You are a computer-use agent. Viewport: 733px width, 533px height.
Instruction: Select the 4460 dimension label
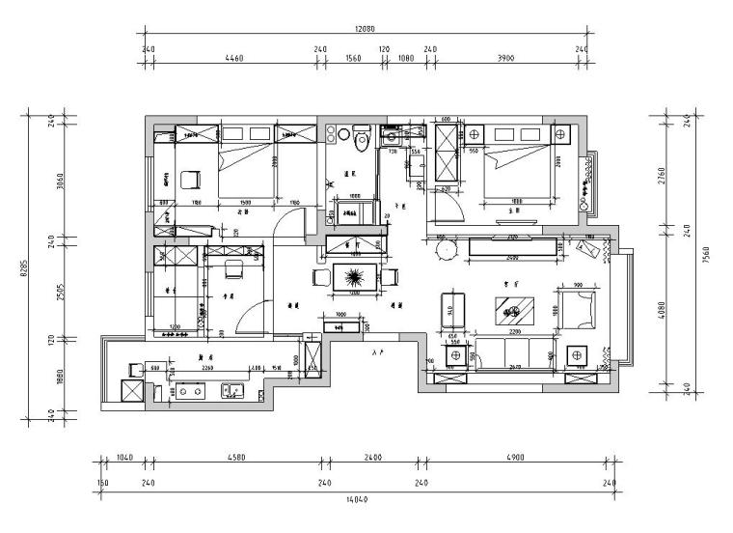pyautogui.click(x=233, y=58)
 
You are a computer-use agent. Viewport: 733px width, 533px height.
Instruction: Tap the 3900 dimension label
pyautogui.click(x=506, y=58)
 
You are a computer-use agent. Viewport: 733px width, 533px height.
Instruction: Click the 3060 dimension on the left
pyautogui.click(x=60, y=181)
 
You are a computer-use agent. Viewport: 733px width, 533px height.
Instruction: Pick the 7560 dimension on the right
pyautogui.click(x=707, y=255)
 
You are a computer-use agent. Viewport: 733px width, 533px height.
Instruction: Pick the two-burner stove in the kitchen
pyautogui.click(x=189, y=391)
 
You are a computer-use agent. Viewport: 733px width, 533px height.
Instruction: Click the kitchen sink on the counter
pyautogui.click(x=231, y=390)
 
